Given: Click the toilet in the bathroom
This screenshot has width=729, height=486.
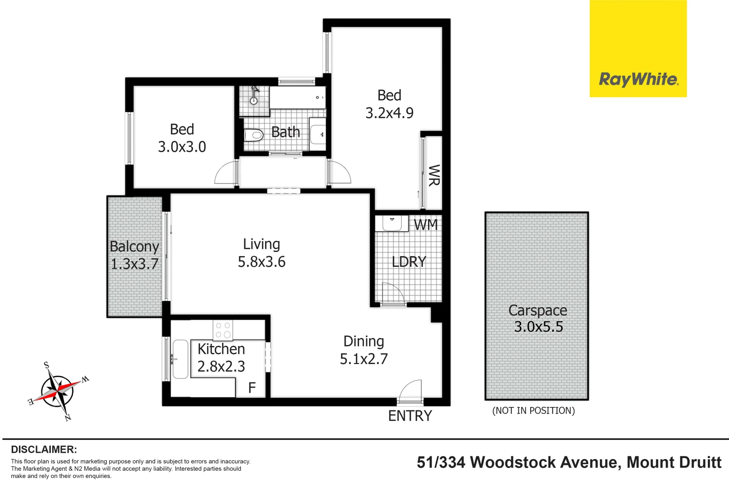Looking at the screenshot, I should click(x=253, y=135).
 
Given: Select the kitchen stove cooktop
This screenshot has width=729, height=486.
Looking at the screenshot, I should click(x=222, y=330).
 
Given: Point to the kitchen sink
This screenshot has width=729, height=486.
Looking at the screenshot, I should click(x=180, y=359).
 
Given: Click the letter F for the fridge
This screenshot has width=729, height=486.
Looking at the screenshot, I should click(x=252, y=387).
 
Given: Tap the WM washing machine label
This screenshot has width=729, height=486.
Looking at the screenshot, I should click(x=425, y=224).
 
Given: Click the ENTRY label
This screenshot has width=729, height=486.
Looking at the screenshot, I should click(x=410, y=416).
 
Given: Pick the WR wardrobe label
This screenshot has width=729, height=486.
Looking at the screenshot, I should click(x=433, y=175).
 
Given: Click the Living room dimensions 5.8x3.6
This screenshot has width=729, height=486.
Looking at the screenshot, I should click(x=261, y=261).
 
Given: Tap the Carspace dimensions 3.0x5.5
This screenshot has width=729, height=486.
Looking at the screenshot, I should click(x=538, y=326).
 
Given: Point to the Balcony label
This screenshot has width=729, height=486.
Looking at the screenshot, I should click(x=134, y=247).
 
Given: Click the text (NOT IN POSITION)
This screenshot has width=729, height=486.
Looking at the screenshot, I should click(x=533, y=410).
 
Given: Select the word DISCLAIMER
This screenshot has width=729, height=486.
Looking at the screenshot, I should click(x=44, y=449).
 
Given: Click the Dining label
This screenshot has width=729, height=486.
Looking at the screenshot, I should click(x=364, y=341).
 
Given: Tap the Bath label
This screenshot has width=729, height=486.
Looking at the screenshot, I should click(x=286, y=132).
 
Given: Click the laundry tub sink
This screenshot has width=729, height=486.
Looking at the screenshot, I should click(x=391, y=223).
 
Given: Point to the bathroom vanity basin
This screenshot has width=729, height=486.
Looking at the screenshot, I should click(x=318, y=134).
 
